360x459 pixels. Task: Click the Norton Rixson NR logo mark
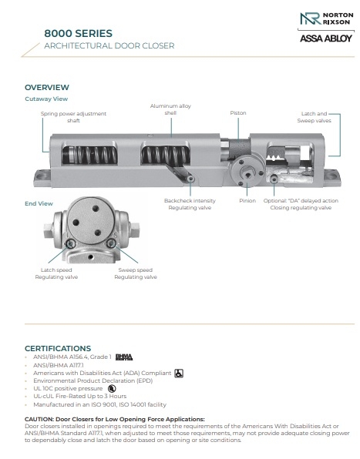pos(310,18)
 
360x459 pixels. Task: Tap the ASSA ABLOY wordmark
pos(326,39)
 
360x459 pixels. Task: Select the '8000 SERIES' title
pos(78,33)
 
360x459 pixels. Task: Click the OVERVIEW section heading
pos(47,87)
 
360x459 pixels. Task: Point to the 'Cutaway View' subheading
pos(46,99)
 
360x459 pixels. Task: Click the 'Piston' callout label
pos(238,113)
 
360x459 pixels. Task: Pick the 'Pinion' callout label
pos(247,200)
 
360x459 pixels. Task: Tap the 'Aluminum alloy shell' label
pos(170,109)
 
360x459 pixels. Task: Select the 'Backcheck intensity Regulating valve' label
pos(190,204)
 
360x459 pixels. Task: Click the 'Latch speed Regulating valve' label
pos(56,273)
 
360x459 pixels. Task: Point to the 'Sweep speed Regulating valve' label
pos(136,273)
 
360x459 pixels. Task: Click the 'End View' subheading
pos(39,204)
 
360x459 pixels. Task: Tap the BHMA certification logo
pos(124,357)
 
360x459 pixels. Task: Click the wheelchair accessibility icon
pos(179,374)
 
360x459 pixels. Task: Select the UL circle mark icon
pos(112,389)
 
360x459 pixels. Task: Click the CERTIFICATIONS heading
pos(58,348)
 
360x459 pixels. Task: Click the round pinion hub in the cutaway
pos(247,173)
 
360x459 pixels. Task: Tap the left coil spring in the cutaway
pos(89,155)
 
